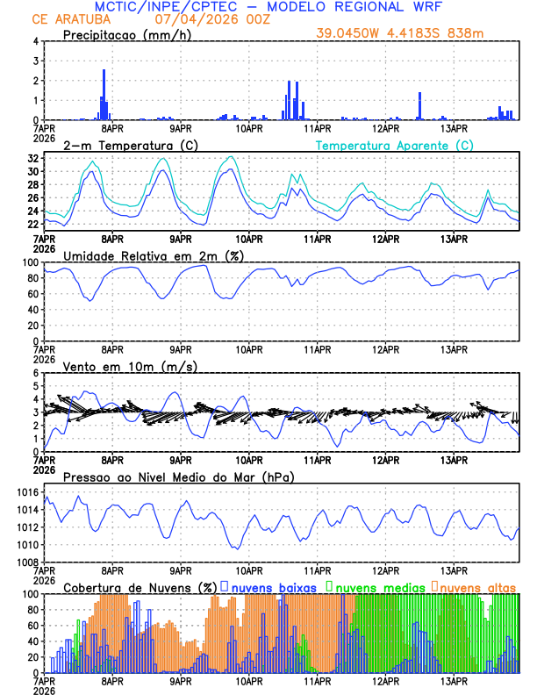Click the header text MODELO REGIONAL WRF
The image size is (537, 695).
pyautogui.click(x=363, y=7)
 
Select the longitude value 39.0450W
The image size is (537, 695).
pyautogui.click(x=351, y=34)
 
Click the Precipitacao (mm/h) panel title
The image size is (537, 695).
pyautogui.click(x=127, y=35)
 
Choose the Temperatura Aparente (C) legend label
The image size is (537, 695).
pyautogui.click(x=395, y=145)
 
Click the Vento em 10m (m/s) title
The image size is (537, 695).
pyautogui.click(x=130, y=366)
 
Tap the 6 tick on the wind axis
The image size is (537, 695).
pyautogui.click(x=36, y=373)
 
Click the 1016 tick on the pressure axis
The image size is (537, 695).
pyautogui.click(x=25, y=492)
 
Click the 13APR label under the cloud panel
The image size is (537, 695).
pyautogui.click(x=454, y=680)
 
